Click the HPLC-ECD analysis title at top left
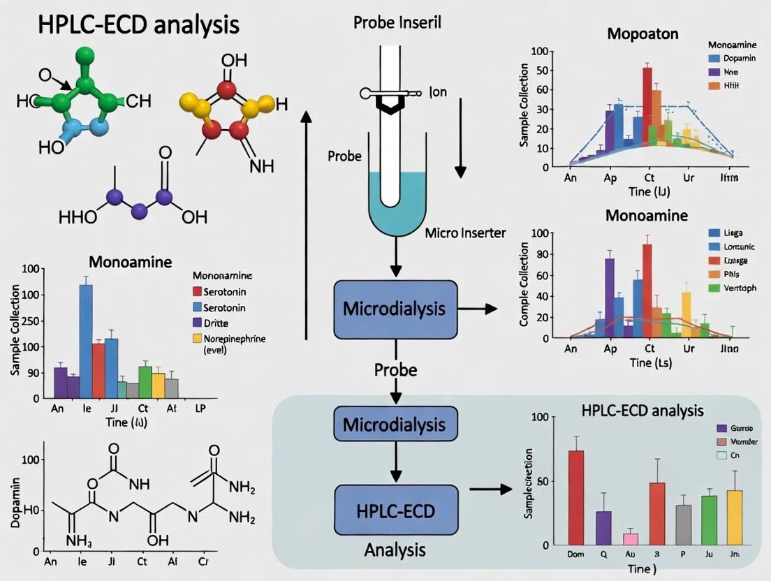(x=130, y=24)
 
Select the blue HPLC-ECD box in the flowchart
(x=396, y=511)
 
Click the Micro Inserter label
(x=465, y=233)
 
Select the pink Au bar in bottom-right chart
(x=630, y=538)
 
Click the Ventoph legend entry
(x=740, y=288)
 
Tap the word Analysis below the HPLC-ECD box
(x=395, y=550)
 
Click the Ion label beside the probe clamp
(x=439, y=91)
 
